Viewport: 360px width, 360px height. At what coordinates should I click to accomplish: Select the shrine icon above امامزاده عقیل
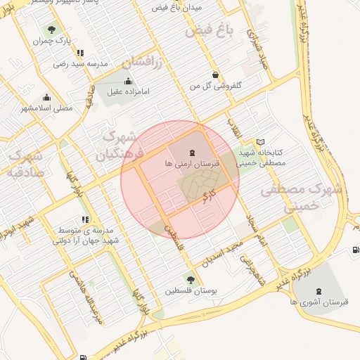128,80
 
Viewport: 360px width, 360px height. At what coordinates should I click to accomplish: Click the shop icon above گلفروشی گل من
214,75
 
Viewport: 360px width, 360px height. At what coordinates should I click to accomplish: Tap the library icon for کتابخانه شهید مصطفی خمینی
261,142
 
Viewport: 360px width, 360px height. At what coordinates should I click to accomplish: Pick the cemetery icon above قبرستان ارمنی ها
192,152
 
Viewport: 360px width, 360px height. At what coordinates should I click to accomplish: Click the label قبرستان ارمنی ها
192,162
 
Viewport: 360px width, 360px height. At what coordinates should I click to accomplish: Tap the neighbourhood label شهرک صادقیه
24,165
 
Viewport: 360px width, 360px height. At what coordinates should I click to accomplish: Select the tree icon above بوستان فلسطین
189,280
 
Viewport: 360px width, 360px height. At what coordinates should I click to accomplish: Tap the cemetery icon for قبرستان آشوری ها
321,290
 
